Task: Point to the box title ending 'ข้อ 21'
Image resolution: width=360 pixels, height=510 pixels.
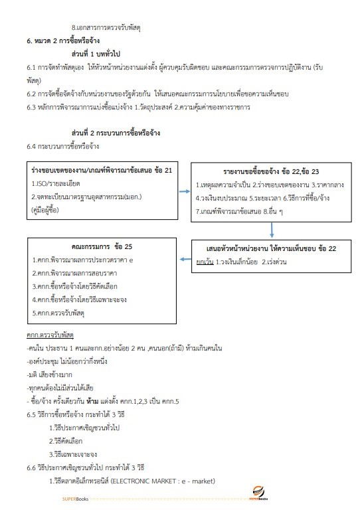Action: (102, 171)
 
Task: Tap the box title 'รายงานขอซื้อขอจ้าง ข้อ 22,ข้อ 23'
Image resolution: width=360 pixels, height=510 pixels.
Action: (270, 171)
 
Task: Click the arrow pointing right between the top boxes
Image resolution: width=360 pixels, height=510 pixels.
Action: (185, 191)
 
